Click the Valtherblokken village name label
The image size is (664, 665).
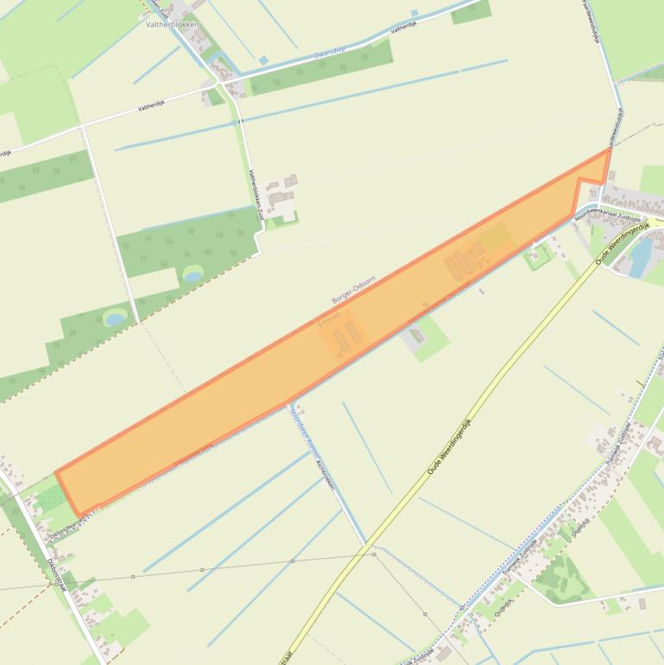tap(172, 25)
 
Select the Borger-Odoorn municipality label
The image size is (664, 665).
tap(353, 289)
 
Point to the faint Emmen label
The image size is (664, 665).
tap(331, 319)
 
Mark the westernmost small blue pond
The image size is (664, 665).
tap(115, 319)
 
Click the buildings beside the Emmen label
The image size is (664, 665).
tap(346, 336)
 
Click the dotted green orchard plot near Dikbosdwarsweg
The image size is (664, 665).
tap(51, 498)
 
